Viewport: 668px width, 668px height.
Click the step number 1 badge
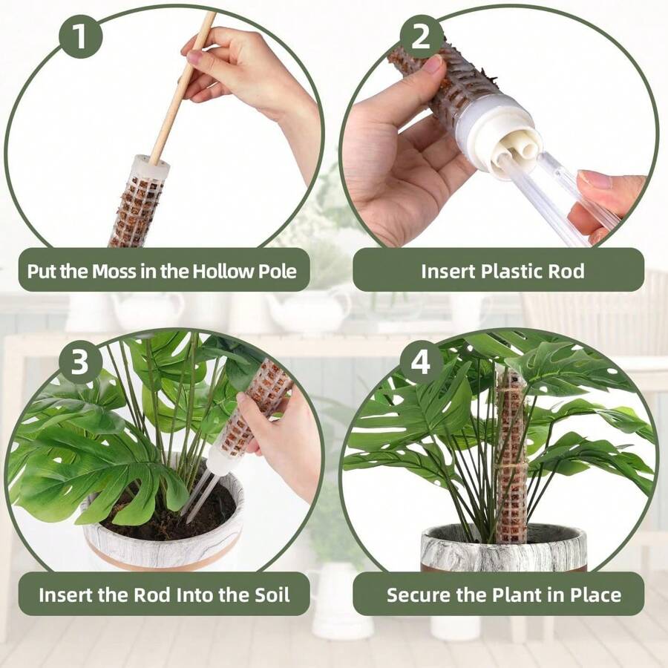[80, 36]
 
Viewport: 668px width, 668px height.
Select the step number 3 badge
[80, 361]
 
